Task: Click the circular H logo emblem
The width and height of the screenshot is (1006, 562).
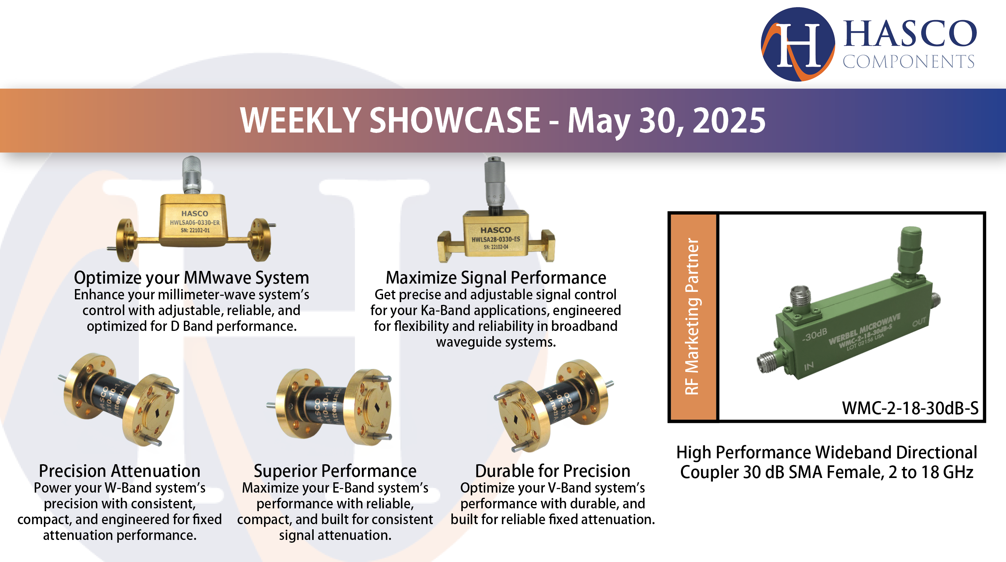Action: (x=798, y=44)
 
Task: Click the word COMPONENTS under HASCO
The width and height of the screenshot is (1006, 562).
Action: (x=908, y=62)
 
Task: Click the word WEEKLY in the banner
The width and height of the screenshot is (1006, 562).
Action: (x=300, y=121)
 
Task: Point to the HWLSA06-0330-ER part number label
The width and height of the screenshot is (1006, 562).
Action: (x=194, y=222)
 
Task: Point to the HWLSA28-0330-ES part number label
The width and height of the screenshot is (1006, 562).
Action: (x=496, y=239)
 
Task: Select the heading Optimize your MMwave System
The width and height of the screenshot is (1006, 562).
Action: (x=191, y=278)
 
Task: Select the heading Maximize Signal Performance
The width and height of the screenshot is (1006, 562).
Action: (x=496, y=278)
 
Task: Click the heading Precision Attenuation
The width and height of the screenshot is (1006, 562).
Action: (x=120, y=471)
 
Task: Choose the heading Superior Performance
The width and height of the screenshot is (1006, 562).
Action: (x=335, y=471)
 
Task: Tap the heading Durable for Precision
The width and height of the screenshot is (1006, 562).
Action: (x=552, y=471)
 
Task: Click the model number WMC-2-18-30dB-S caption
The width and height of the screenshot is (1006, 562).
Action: (x=910, y=408)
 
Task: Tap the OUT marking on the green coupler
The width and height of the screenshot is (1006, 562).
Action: (x=919, y=322)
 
